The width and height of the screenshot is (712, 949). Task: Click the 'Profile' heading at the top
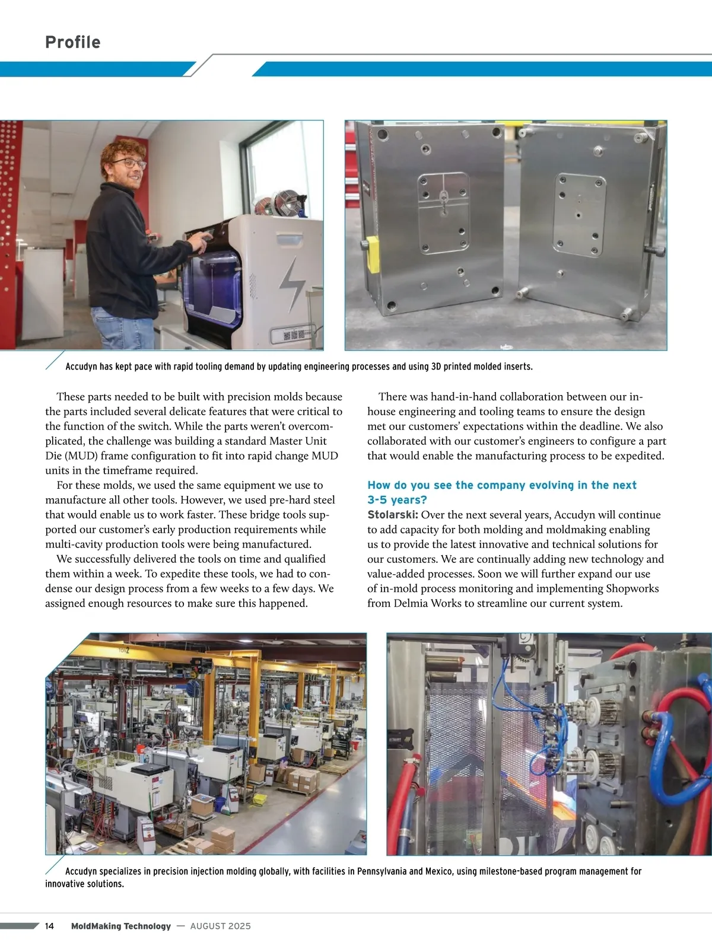(x=72, y=42)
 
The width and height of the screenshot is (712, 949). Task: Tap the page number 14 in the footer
(x=49, y=926)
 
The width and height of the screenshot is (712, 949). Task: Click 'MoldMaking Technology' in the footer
(x=120, y=926)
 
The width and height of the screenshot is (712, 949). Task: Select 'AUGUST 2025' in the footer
(x=220, y=926)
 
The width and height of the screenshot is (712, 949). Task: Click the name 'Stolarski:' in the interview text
(x=393, y=515)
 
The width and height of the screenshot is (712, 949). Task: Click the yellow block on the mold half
(x=373, y=254)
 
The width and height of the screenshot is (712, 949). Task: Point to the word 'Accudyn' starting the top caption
(x=81, y=367)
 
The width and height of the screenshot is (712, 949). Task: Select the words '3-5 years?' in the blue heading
(x=397, y=500)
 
